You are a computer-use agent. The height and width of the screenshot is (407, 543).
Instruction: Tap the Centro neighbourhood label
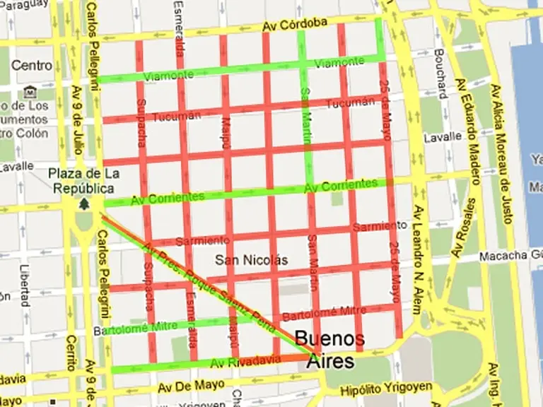point(32,65)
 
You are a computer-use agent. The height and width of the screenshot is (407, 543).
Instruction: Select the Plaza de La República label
point(84,181)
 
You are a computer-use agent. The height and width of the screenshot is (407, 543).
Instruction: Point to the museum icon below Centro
point(30,92)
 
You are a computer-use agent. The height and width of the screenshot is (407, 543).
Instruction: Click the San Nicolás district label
point(252,259)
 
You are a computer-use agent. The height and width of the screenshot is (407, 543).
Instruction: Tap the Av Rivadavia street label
point(246,362)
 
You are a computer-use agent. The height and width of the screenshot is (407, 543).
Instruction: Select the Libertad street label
point(25,282)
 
